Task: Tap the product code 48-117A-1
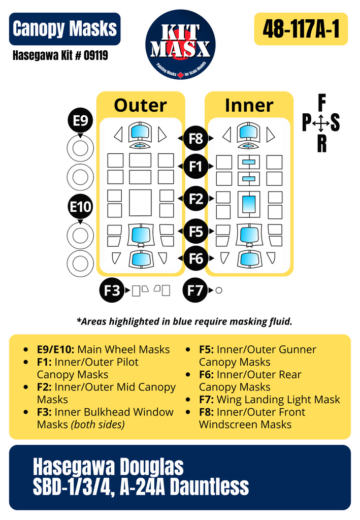(301, 29)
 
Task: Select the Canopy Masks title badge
(64, 29)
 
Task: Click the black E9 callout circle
(80, 121)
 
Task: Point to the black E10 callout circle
(80, 207)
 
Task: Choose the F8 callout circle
(195, 138)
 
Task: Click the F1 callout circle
(195, 166)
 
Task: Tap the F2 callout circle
(195, 199)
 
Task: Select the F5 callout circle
(195, 232)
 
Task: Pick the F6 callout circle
(195, 258)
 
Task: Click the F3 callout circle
(112, 290)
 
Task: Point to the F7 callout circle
(195, 290)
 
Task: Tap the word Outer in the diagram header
(140, 106)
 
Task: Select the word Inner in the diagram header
(249, 106)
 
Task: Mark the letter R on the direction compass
(322, 144)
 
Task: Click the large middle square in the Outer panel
(140, 202)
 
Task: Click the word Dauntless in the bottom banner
(209, 487)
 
